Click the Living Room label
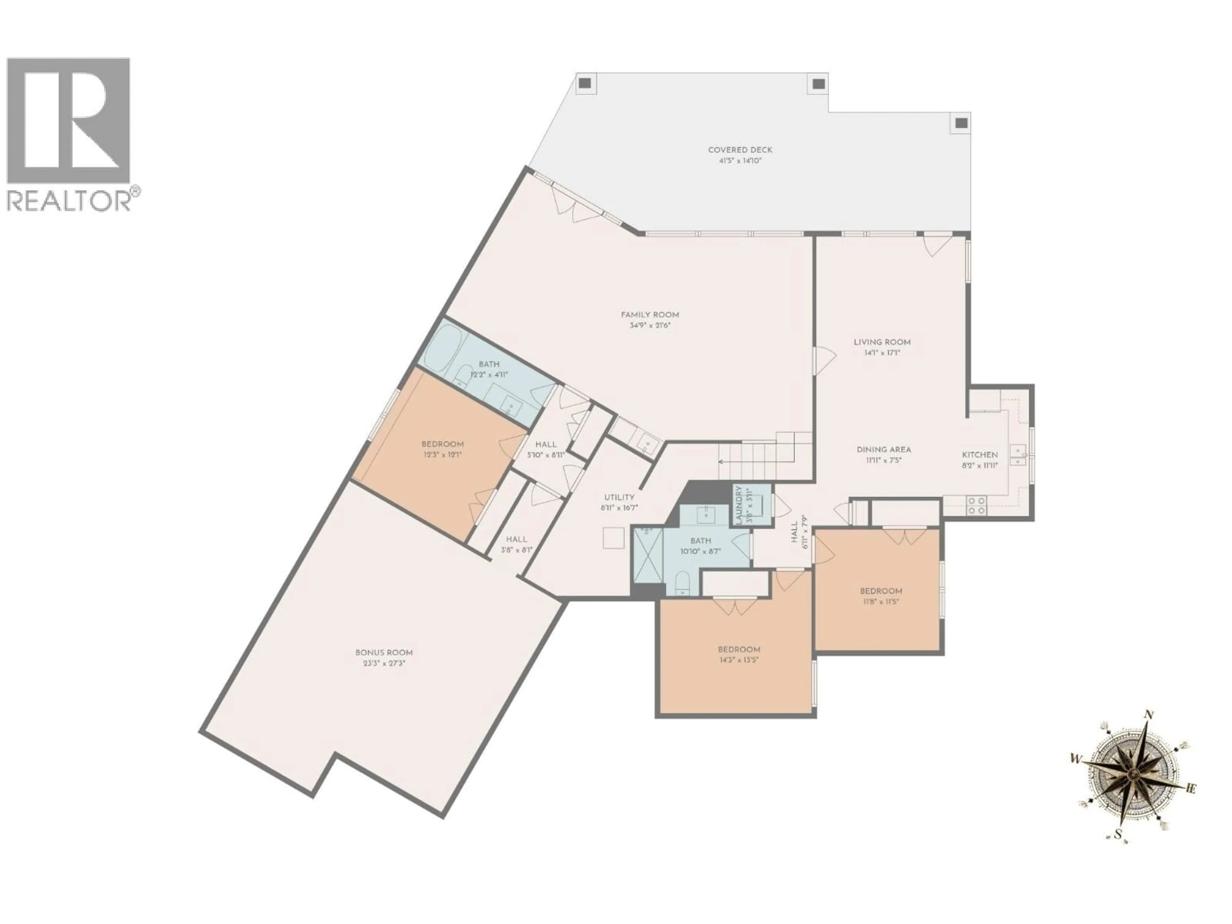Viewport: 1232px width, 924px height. [x=882, y=342]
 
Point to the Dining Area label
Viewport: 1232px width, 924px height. [x=883, y=449]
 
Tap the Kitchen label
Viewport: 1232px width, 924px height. [x=980, y=455]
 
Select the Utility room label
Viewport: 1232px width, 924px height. [x=619, y=497]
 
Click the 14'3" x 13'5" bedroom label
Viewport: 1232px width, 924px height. [x=739, y=649]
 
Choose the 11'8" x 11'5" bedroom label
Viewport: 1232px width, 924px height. [x=881, y=591]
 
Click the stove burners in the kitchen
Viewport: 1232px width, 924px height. [x=976, y=505]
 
